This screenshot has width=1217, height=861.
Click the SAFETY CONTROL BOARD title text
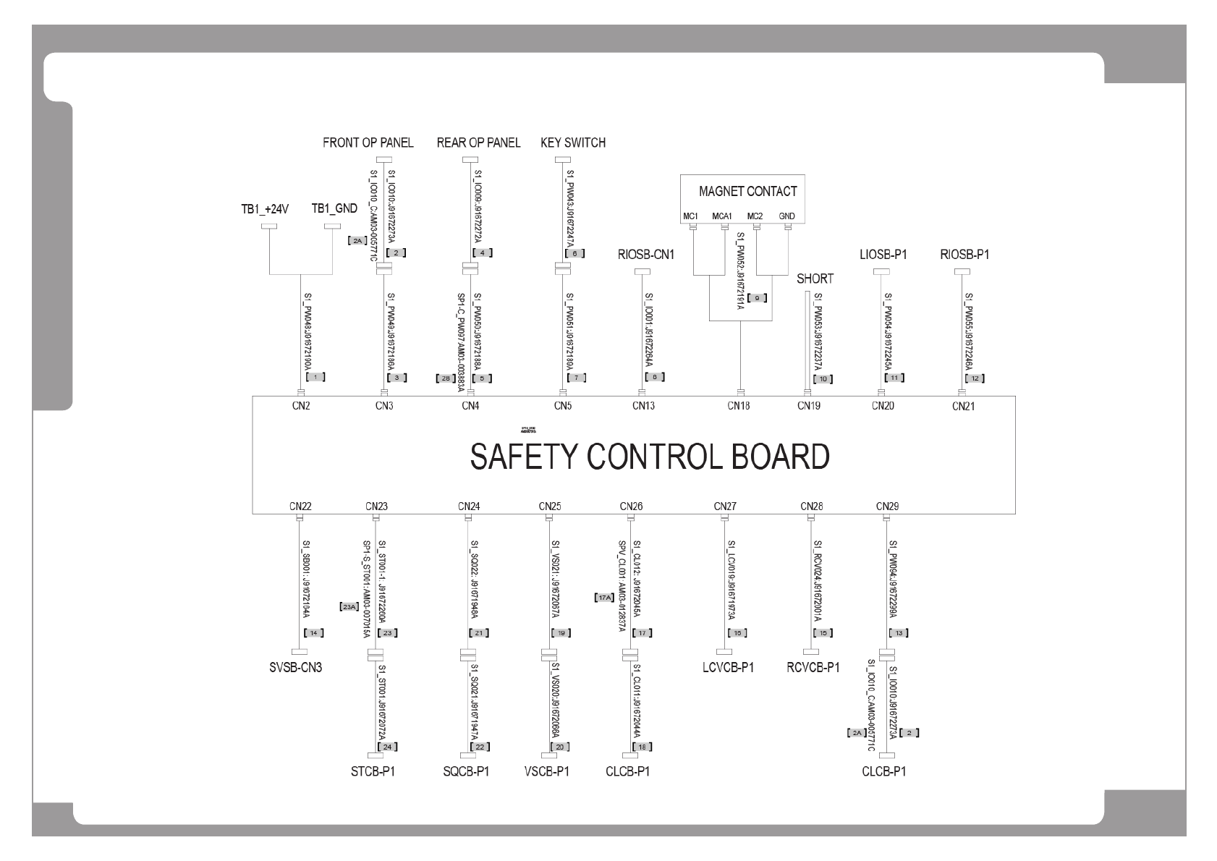click(x=649, y=457)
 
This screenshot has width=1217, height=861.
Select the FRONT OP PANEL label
click(x=368, y=143)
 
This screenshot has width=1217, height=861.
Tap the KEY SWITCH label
click(x=572, y=143)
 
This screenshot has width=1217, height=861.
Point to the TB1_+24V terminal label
click(x=265, y=209)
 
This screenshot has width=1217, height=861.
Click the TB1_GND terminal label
click(x=334, y=208)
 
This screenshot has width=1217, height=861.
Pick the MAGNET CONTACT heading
click(x=747, y=191)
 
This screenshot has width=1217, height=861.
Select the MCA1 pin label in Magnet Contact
click(x=722, y=216)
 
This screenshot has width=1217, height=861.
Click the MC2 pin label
click(x=755, y=216)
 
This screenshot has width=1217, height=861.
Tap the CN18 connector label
click(x=739, y=406)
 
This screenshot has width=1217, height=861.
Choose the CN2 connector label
click(x=301, y=406)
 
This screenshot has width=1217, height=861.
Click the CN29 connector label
click(x=887, y=506)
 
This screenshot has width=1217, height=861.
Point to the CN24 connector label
click(x=469, y=506)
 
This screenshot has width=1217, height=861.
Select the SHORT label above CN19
click(x=815, y=279)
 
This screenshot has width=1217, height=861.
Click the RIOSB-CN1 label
click(x=646, y=255)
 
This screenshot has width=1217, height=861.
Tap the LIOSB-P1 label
click(x=883, y=255)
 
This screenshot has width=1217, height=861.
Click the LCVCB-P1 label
click(x=727, y=668)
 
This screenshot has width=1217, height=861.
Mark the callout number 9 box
click(x=758, y=297)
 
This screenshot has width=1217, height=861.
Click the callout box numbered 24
click(x=388, y=747)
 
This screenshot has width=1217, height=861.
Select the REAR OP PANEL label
click(x=478, y=143)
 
